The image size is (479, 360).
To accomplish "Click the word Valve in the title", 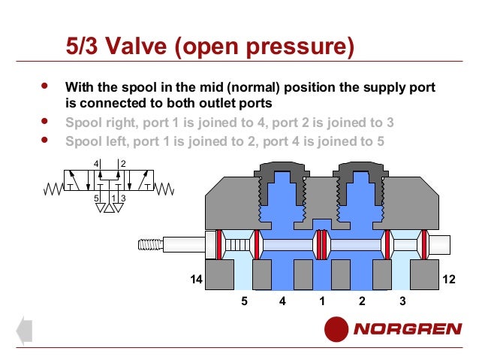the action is click(x=136, y=46).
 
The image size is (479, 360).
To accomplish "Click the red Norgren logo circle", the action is click(x=336, y=329).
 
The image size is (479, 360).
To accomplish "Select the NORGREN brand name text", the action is click(x=408, y=329).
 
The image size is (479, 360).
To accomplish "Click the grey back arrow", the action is click(x=24, y=331).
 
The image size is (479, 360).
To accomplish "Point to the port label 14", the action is click(x=196, y=279).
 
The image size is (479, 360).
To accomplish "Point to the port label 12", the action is click(x=449, y=279).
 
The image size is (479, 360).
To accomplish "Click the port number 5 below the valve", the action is click(x=244, y=301).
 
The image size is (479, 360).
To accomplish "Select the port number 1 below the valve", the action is click(x=322, y=301).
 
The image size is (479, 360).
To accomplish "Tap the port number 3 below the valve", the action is click(x=402, y=301).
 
